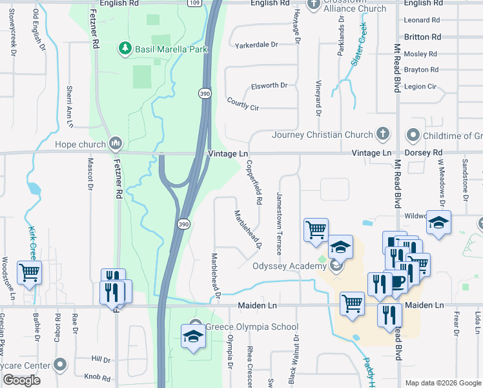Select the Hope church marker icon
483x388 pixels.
point(116,142)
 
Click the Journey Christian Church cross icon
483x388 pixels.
point(384,135)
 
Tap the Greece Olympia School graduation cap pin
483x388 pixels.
point(192,336)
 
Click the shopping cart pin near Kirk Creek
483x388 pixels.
point(29,272)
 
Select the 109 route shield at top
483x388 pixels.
point(194,3)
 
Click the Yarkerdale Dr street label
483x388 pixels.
point(256,45)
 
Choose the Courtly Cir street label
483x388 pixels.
point(243,103)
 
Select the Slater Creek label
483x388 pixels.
point(358,44)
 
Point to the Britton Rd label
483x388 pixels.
point(422,38)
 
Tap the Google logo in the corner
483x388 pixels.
point(22,380)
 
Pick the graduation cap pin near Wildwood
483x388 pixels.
point(438,223)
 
